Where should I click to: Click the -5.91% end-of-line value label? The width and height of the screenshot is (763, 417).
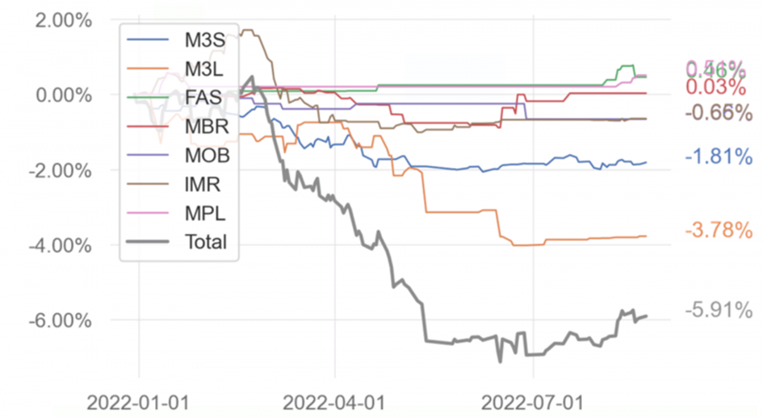[x=719, y=310]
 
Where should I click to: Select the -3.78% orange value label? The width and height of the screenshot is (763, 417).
[x=719, y=231]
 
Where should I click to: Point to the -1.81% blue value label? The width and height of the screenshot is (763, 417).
[x=719, y=157]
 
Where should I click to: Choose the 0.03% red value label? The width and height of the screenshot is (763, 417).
[x=717, y=87]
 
